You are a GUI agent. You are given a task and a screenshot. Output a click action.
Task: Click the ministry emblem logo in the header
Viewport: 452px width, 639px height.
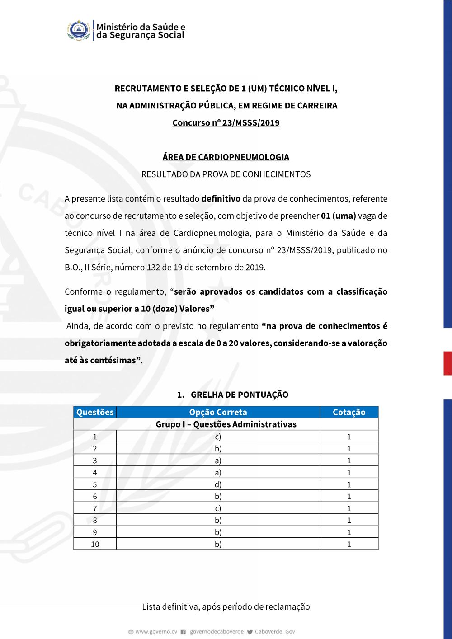79,30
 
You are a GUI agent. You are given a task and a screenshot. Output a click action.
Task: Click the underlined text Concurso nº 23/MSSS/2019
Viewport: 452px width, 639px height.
226,123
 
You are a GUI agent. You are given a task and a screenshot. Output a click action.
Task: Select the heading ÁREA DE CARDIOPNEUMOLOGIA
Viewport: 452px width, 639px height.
226,157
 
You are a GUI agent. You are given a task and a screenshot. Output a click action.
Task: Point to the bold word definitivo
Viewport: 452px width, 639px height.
221,199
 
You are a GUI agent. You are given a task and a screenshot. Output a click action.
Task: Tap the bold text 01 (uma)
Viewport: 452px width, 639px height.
339,216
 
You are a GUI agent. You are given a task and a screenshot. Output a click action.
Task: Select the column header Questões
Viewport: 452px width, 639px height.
95,412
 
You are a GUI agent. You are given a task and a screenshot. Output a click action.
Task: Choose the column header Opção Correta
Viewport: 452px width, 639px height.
218,412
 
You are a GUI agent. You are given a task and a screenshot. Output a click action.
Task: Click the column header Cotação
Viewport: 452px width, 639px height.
349,412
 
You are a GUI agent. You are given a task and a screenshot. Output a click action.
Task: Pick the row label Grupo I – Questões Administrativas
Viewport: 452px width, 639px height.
226,424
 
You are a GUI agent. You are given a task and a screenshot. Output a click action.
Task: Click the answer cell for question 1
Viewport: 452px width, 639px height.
218,437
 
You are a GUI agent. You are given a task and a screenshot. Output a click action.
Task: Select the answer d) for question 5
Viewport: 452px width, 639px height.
218,484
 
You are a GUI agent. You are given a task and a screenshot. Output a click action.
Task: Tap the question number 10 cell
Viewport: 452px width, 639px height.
95,544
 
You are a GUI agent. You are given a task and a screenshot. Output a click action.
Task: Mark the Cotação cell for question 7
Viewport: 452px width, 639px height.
349,508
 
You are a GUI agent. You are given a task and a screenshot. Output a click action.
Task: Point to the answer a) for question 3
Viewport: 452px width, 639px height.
218,460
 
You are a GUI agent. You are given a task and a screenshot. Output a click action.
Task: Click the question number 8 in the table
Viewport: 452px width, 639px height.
95,520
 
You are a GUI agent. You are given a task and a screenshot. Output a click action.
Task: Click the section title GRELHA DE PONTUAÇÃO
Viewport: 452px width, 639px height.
239,395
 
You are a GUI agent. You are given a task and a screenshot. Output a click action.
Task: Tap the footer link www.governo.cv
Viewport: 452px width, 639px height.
156,632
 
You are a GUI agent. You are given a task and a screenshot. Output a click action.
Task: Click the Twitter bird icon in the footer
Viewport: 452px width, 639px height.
250,632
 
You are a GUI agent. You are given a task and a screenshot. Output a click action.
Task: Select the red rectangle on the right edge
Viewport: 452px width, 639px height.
447,363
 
